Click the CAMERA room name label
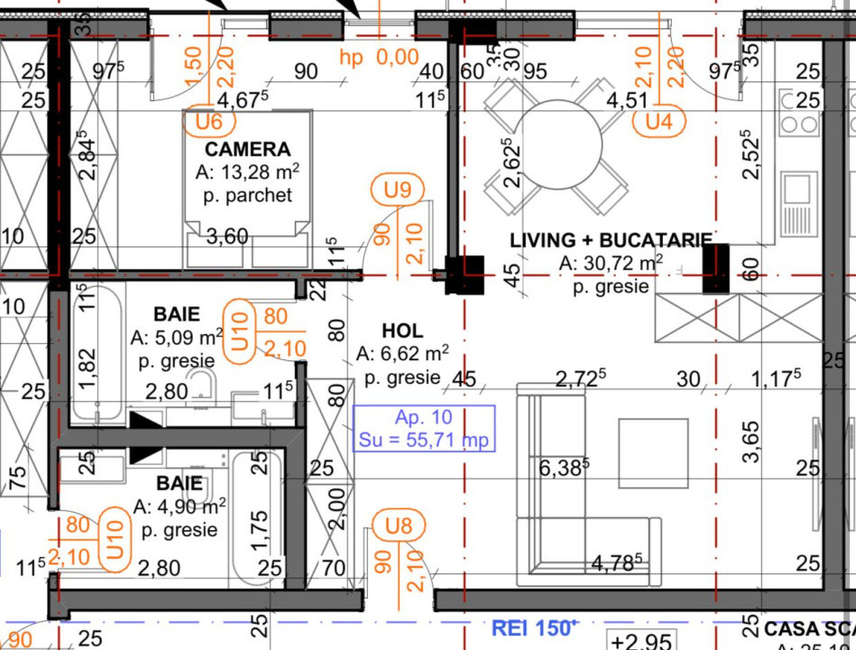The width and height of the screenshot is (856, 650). click(247, 149)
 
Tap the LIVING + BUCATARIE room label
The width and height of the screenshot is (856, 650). click(611, 240)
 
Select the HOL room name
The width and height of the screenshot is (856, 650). click(401, 331)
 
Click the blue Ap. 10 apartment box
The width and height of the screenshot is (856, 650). click(424, 429)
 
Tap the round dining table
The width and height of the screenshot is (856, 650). click(557, 143)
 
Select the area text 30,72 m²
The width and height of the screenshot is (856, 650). click(611, 264)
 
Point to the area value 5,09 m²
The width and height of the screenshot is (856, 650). click(177, 338)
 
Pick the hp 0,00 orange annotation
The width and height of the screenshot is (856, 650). click(379, 57)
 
